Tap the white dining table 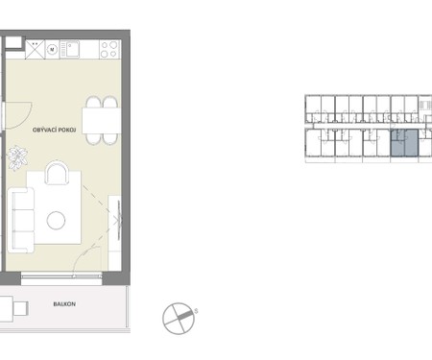pyautogui.click(x=100, y=120)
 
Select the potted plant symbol pyautogui.click(x=16, y=156)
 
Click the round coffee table pyautogui.click(x=56, y=221)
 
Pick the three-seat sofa pyautogui.click(x=21, y=219)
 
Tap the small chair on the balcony pyautogui.click(x=18, y=309)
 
